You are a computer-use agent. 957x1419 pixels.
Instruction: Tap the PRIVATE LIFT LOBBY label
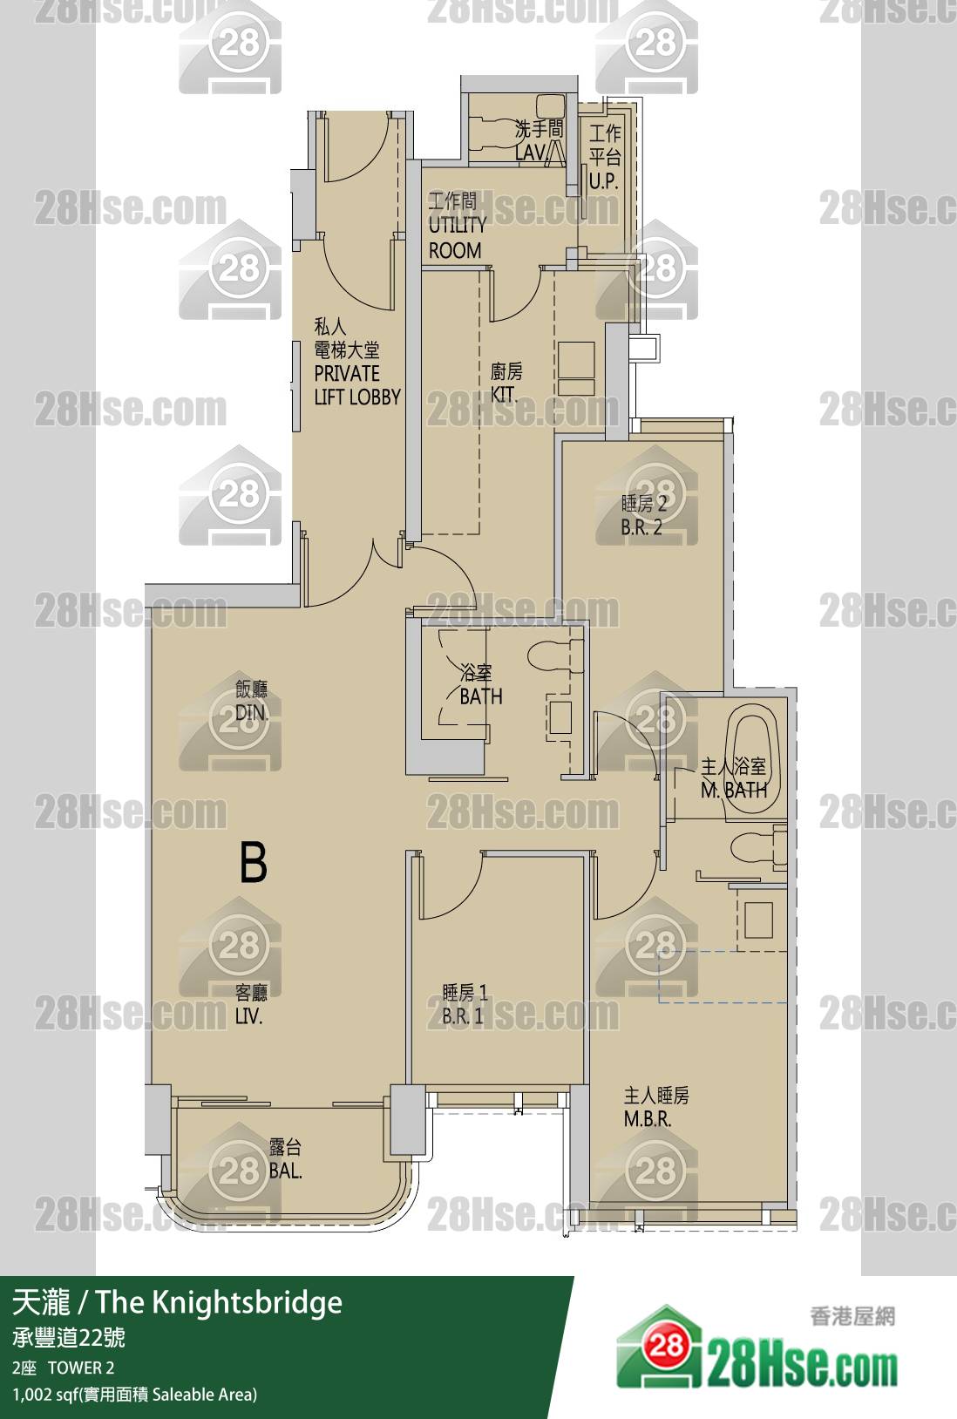click(357, 384)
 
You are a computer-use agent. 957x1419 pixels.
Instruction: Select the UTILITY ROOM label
click(458, 237)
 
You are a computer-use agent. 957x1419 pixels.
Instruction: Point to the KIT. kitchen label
click(504, 395)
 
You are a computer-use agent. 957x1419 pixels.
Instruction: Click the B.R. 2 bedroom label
click(641, 527)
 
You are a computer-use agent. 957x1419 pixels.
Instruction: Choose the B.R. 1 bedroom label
click(462, 1016)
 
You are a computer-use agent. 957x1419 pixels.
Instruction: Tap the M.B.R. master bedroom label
click(648, 1119)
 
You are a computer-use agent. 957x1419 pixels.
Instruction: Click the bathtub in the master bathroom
click(752, 755)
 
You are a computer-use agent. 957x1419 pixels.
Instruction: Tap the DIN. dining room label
click(251, 713)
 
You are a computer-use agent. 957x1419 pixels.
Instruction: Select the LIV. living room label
click(249, 1016)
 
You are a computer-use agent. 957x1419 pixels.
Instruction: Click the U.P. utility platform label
click(603, 181)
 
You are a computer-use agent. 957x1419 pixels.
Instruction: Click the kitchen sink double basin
click(576, 369)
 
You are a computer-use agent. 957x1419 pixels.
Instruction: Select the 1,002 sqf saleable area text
click(134, 1394)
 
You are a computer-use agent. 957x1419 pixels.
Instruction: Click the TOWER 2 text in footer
click(81, 1368)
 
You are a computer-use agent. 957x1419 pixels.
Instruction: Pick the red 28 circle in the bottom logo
click(665, 1344)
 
